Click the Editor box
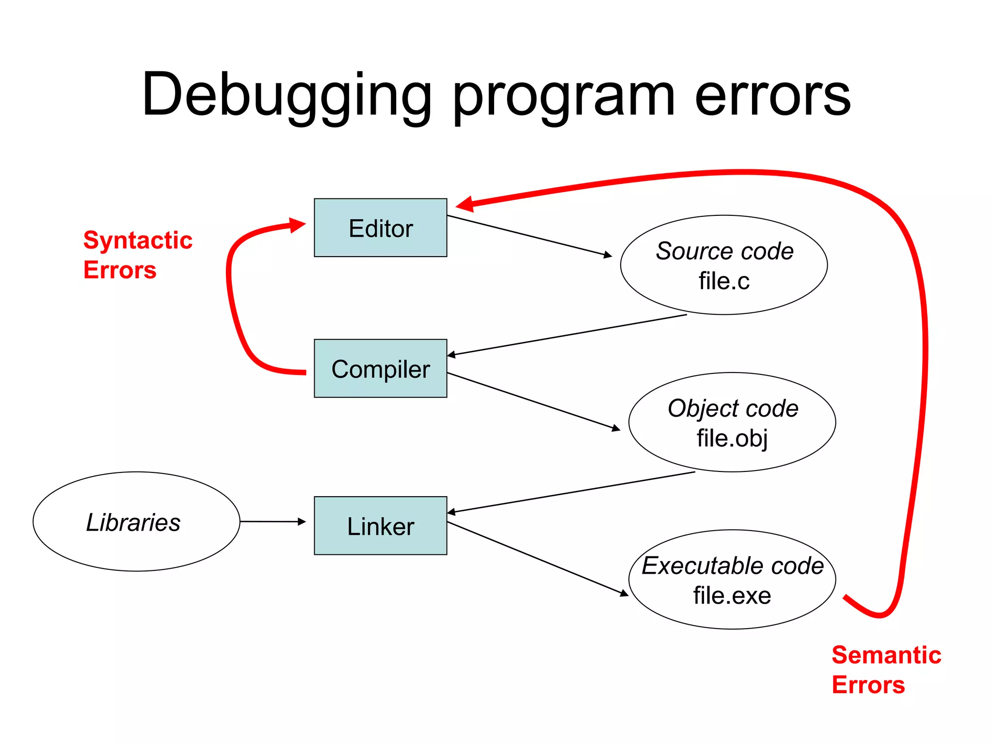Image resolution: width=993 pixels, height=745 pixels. pos(380,227)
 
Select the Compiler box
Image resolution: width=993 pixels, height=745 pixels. pos(380,369)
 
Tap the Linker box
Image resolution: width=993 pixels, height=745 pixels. pos(380,526)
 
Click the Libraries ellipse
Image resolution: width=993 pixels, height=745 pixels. pos(136,522)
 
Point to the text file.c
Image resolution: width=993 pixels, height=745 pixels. pos(723,281)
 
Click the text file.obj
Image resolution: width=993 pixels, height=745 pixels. pos(732,438)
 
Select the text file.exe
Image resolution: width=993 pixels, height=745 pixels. pos(732,596)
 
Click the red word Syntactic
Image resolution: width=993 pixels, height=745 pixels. pos(138,240)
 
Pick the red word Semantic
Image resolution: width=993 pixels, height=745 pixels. pos(886,655)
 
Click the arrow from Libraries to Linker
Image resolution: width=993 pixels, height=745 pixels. pos(272,521)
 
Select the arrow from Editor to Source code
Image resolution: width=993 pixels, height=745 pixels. pos(529,235)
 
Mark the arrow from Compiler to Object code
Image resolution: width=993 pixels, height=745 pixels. pos(533,401)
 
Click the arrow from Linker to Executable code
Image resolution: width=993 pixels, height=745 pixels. pos(537,558)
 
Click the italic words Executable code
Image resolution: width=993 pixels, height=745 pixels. pos(732,566)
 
